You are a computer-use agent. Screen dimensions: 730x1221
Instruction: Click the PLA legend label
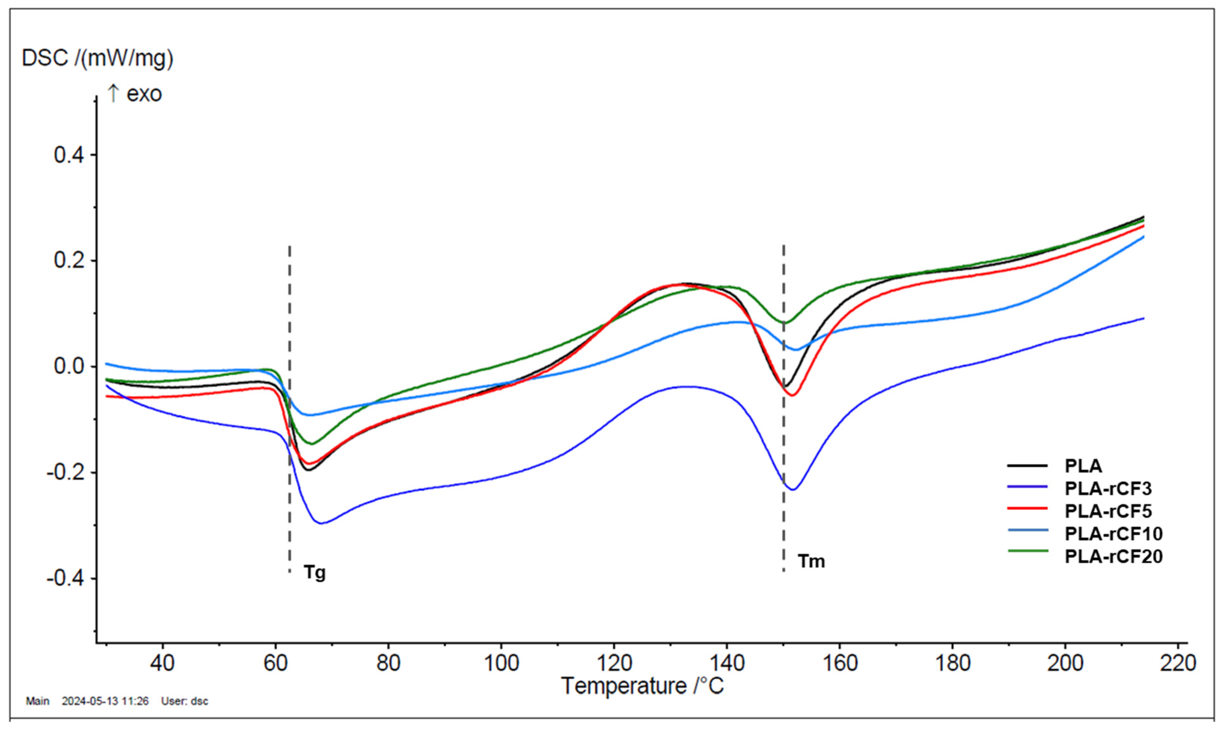click(x=1083, y=466)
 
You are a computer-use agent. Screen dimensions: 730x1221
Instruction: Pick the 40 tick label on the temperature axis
click(x=162, y=664)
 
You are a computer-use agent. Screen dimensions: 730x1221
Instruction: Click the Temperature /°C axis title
click(x=643, y=686)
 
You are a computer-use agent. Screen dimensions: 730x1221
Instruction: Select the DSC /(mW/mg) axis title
click(x=98, y=58)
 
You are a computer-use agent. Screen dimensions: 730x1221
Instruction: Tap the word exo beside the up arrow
click(x=144, y=94)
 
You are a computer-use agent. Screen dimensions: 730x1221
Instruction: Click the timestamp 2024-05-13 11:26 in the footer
click(x=105, y=701)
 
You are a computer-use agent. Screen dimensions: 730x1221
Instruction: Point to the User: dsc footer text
click(x=185, y=701)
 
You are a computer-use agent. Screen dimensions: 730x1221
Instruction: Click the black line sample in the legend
click(x=1027, y=465)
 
